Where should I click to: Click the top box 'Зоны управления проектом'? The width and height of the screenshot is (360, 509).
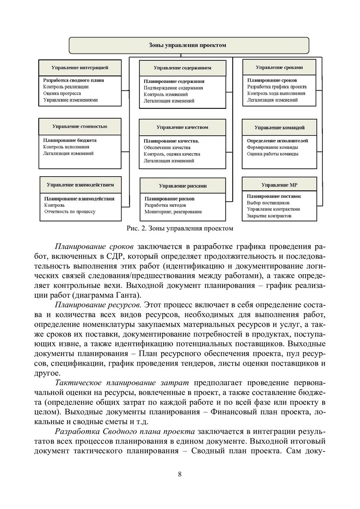(x=188, y=45)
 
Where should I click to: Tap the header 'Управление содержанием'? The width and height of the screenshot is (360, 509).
(x=182, y=68)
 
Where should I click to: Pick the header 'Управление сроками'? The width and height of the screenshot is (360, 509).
(x=279, y=67)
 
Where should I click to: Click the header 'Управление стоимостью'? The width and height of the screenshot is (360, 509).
(x=80, y=126)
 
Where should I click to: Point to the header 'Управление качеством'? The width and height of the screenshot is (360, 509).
(x=182, y=127)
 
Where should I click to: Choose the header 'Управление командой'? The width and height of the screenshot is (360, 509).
(x=279, y=127)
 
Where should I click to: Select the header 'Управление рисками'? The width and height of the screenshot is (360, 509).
(x=182, y=186)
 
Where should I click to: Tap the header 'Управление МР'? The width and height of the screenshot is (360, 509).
(x=279, y=185)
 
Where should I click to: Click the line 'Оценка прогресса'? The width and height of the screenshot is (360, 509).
(x=62, y=93)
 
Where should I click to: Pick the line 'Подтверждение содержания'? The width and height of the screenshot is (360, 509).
(x=173, y=88)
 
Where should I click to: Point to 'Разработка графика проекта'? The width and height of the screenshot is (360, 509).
(x=277, y=87)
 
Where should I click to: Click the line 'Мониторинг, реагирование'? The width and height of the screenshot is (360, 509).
(x=173, y=212)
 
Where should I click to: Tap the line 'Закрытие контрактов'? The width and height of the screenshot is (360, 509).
(x=269, y=216)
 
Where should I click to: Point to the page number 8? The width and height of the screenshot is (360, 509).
(x=180, y=474)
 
